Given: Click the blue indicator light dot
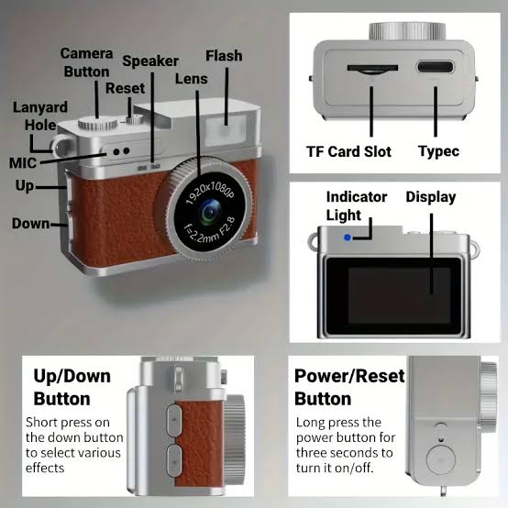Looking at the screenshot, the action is pyautogui.click(x=347, y=237).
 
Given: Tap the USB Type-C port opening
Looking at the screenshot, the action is pyautogui.click(x=436, y=67).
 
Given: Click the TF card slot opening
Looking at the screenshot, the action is pyautogui.click(x=372, y=69).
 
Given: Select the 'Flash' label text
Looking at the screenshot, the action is pyautogui.click(x=224, y=56).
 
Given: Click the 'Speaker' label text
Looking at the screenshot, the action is pyautogui.click(x=150, y=61).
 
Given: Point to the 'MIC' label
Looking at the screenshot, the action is pyautogui.click(x=23, y=163).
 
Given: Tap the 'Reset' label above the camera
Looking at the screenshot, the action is pyautogui.click(x=125, y=88).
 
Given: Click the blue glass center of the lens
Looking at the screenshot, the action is pyautogui.click(x=210, y=213).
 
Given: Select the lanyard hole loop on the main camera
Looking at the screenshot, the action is pyautogui.click(x=61, y=147).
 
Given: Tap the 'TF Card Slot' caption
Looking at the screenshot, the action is pyautogui.click(x=349, y=151).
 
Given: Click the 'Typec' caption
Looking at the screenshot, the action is pyautogui.click(x=438, y=151).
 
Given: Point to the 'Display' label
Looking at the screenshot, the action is pyautogui.click(x=431, y=197).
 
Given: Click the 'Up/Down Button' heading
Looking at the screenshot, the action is pyautogui.click(x=72, y=388).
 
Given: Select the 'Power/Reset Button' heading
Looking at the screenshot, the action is pyautogui.click(x=349, y=388).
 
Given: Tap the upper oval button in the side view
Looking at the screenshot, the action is pyautogui.click(x=174, y=420).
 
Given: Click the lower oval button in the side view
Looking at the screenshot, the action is pyautogui.click(x=174, y=460).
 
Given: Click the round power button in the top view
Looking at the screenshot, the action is pyautogui.click(x=441, y=460).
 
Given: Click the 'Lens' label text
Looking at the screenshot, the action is pyautogui.click(x=192, y=79).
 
